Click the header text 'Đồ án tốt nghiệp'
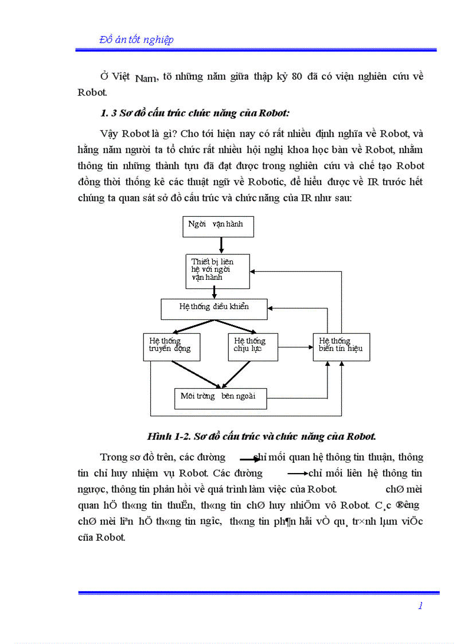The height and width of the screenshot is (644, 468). pyautogui.click(x=136, y=40)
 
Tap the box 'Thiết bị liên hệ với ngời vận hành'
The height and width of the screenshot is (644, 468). pyautogui.click(x=217, y=271)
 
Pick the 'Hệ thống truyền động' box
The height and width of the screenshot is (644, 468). pyautogui.click(x=171, y=346)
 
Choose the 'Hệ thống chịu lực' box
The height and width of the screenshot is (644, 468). pyautogui.click(x=253, y=346)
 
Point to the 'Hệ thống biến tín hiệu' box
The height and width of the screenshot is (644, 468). pyautogui.click(x=341, y=346)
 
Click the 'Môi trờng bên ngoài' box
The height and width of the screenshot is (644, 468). pyautogui.click(x=220, y=399)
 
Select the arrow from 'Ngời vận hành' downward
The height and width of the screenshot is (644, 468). pyautogui.click(x=221, y=245)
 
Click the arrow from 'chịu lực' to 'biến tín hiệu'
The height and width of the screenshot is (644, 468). pyautogui.click(x=295, y=346)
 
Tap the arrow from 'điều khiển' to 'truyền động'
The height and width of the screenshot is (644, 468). pyautogui.click(x=194, y=326)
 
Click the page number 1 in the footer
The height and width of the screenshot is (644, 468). pyautogui.click(x=420, y=606)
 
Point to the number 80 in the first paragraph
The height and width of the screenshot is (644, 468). pyautogui.click(x=297, y=77)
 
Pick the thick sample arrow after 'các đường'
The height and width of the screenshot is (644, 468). pyautogui.click(x=250, y=459)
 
